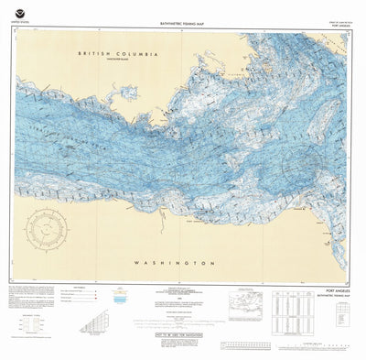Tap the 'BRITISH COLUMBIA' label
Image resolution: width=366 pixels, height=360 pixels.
119,54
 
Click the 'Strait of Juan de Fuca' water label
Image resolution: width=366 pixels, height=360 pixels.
183,147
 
